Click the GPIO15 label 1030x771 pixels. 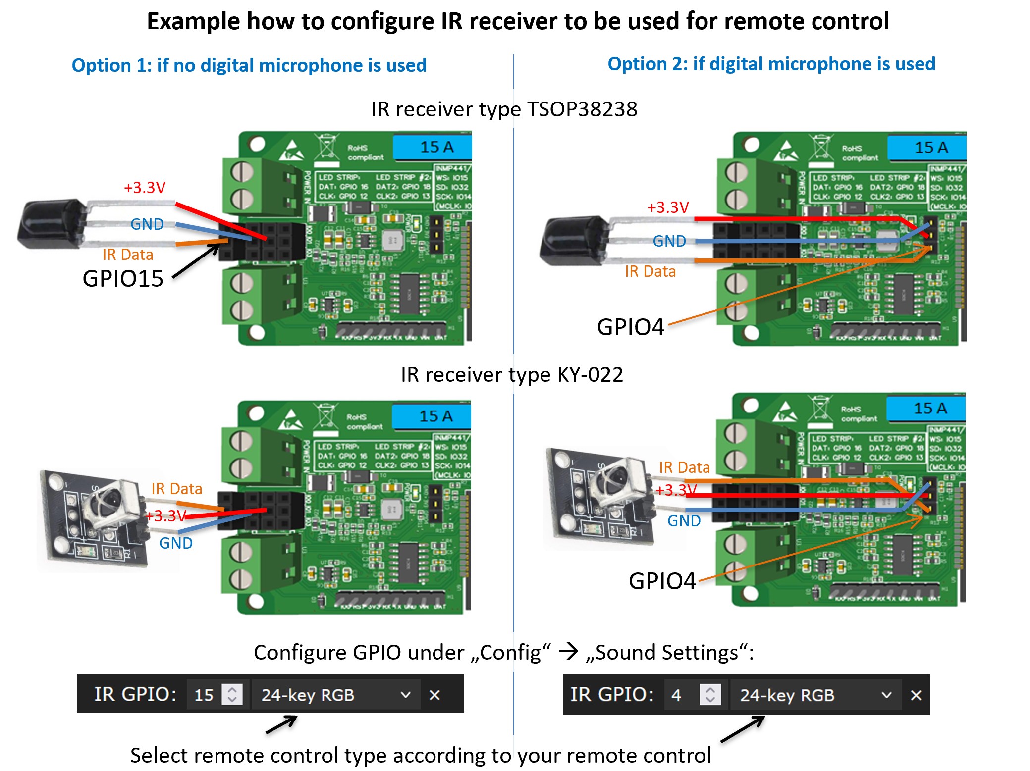coord(123,279)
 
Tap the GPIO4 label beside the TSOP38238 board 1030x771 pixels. coord(630,327)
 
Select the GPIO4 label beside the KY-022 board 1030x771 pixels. coord(662,581)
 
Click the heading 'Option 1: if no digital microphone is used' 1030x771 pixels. coord(249,65)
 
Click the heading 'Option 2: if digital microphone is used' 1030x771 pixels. coord(771,64)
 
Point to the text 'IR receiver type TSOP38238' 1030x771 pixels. coord(504,109)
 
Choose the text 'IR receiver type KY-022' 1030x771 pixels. coord(511,375)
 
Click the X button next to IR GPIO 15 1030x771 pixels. coord(434,695)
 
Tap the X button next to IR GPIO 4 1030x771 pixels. coord(916,695)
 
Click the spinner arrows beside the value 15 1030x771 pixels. coord(232,694)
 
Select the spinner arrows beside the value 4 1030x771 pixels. coord(710,694)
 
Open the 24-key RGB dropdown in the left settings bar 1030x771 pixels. coord(336,695)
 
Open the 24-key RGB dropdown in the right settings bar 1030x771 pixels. coord(815,695)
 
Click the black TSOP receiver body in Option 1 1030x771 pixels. coord(50,224)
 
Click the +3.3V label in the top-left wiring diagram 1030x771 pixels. coord(144,188)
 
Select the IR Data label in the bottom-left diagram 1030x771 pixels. coord(176,489)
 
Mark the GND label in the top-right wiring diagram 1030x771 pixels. coord(669,241)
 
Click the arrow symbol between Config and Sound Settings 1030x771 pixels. coord(568,652)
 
